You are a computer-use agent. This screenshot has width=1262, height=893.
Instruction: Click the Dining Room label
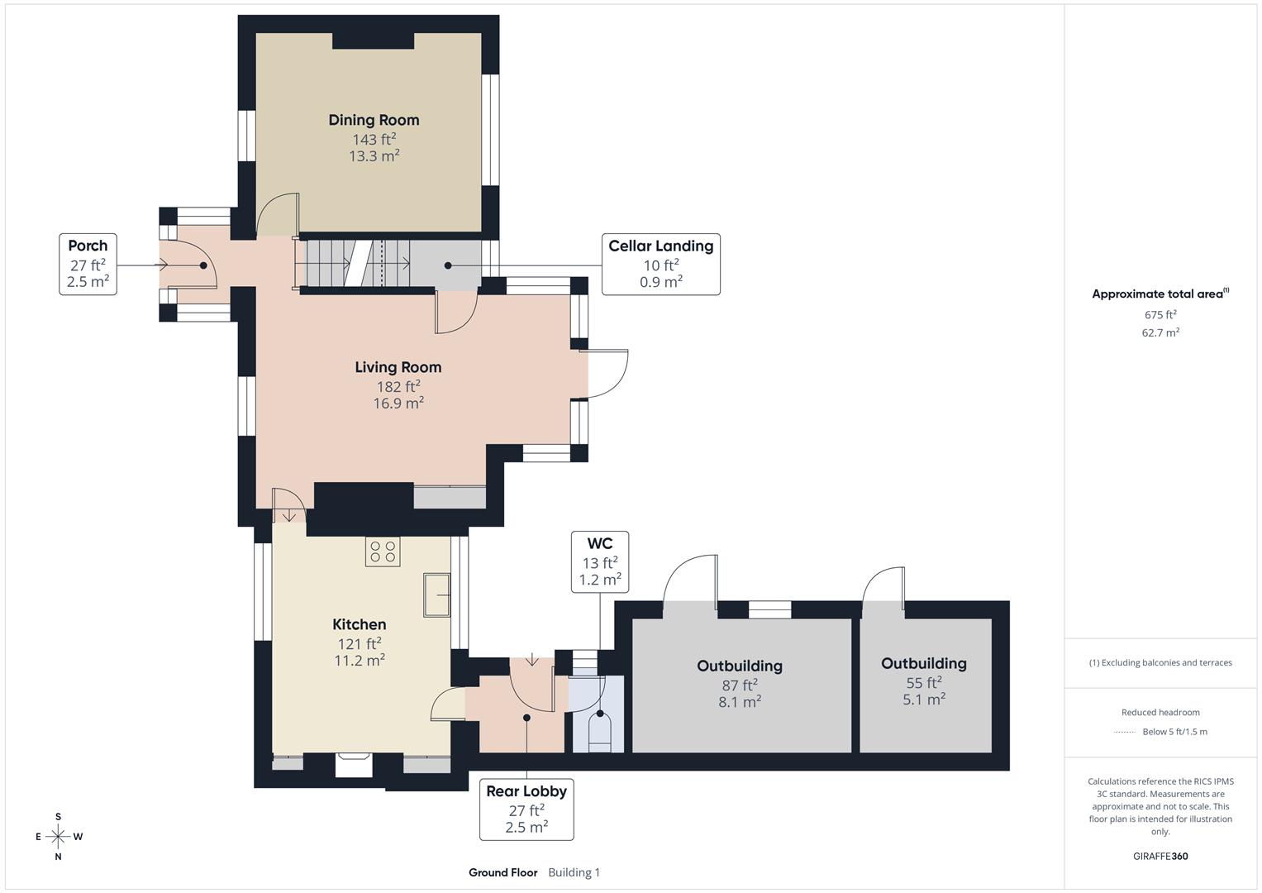click(x=374, y=120)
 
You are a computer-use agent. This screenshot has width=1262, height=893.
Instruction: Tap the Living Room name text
click(x=398, y=367)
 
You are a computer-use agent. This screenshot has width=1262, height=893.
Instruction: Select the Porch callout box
click(x=88, y=264)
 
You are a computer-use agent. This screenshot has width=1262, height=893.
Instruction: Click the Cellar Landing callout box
click(x=660, y=264)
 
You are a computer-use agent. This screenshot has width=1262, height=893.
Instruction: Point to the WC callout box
click(x=599, y=561)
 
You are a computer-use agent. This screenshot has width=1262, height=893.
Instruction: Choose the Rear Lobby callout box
click(x=526, y=809)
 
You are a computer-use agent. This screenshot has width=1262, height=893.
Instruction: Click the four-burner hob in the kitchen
click(x=383, y=552)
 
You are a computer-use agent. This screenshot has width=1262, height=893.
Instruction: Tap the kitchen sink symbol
click(x=437, y=595)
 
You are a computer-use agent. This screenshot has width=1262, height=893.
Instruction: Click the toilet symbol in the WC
click(x=599, y=729)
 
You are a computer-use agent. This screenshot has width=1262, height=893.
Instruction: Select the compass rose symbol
click(x=58, y=837)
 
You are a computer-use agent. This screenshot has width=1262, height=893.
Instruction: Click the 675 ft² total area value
click(x=1160, y=315)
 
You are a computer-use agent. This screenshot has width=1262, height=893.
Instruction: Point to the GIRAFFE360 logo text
click(x=1160, y=856)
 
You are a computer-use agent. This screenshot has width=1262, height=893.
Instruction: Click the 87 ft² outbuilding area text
click(x=739, y=685)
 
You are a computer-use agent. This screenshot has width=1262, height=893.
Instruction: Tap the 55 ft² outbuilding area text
click(x=923, y=682)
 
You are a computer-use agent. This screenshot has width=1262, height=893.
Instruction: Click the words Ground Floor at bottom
click(x=502, y=872)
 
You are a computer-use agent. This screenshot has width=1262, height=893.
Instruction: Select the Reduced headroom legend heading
click(x=1160, y=712)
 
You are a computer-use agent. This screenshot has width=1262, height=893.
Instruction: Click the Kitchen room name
click(x=359, y=624)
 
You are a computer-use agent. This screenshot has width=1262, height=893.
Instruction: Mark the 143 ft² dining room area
click(x=374, y=140)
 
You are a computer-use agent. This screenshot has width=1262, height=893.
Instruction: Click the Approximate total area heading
click(x=1159, y=294)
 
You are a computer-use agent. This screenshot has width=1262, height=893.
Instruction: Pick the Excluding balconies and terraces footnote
click(x=1160, y=662)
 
